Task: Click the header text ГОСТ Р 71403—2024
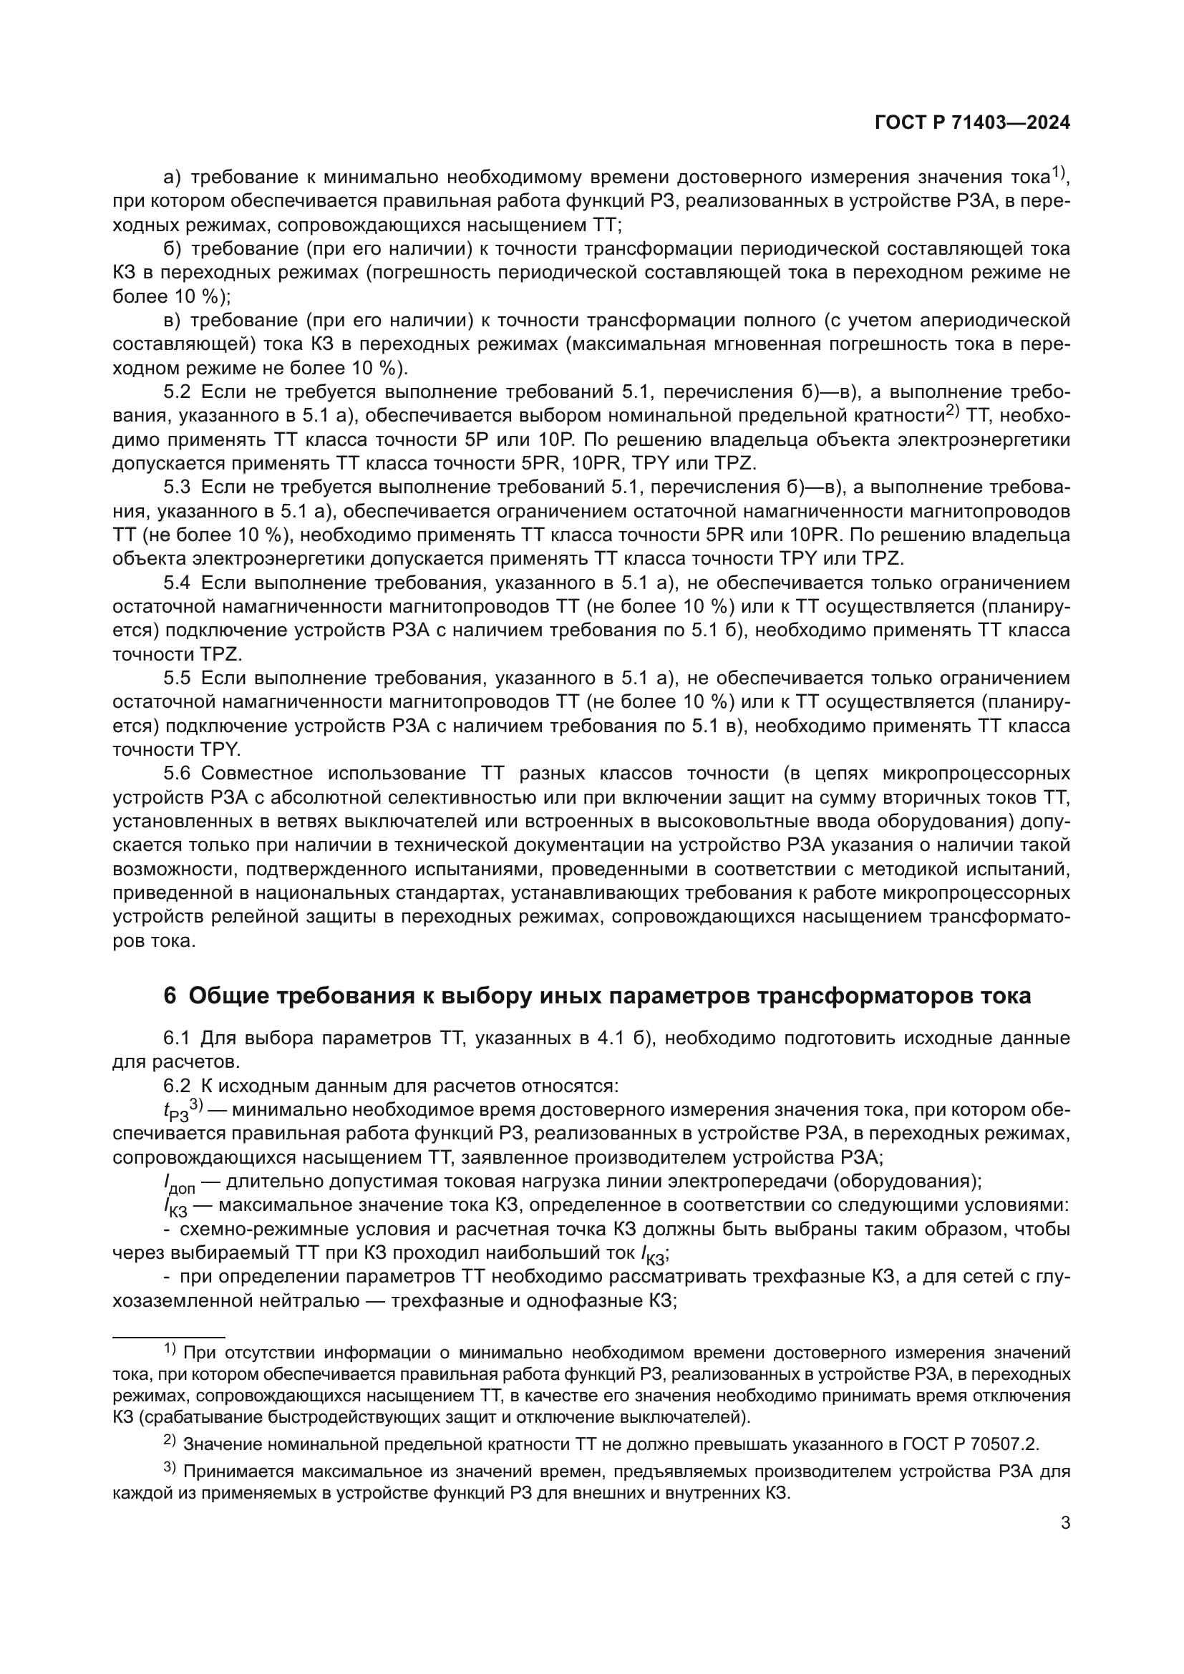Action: click(x=972, y=123)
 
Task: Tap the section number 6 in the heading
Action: click(x=170, y=996)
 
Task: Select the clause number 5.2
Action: click(x=177, y=392)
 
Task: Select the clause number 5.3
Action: click(x=177, y=487)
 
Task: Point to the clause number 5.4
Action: click(x=177, y=583)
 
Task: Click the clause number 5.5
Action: click(x=177, y=678)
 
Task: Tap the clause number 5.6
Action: click(x=177, y=774)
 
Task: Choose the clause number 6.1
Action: click(x=177, y=1038)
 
